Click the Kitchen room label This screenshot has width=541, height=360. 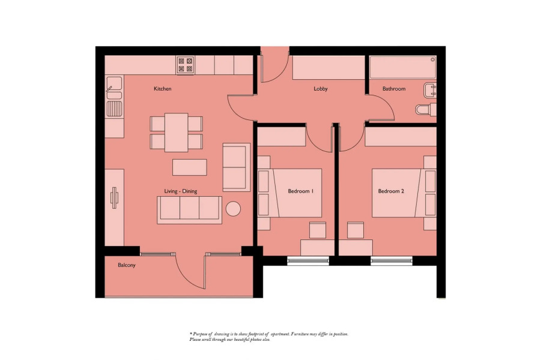(162, 89)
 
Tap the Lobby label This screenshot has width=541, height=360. (321, 89)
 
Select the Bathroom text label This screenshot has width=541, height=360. (394, 89)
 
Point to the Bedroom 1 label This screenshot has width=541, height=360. (301, 191)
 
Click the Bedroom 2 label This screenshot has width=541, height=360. (391, 191)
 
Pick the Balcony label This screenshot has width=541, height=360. (126, 265)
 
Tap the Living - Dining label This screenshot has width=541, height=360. (181, 191)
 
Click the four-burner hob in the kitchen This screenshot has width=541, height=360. (185, 64)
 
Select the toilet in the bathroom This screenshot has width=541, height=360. (425, 110)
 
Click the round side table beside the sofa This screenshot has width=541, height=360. (233, 209)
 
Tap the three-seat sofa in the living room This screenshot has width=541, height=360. (189, 209)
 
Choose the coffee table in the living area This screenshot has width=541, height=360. (189, 166)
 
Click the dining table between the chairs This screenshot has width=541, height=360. (176, 132)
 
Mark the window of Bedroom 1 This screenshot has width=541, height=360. (308, 260)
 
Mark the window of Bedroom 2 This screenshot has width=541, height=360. (391, 260)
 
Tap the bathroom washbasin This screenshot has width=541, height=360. (430, 91)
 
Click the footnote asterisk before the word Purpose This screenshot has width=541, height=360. (190, 334)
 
